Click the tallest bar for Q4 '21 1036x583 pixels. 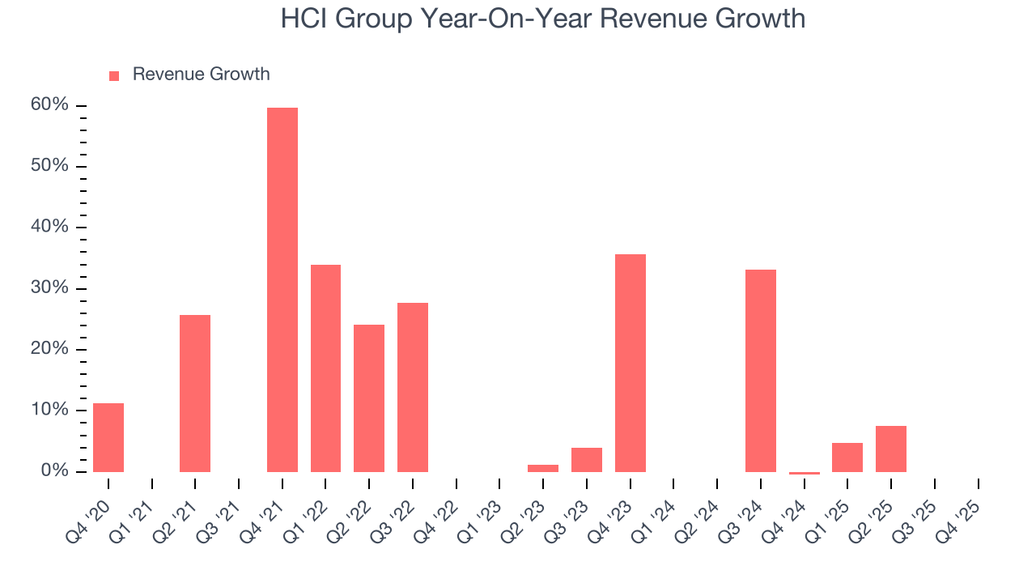282,289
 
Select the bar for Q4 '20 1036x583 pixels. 108,437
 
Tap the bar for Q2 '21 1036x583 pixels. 195,393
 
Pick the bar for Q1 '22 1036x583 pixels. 325,368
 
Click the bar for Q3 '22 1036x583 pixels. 413,387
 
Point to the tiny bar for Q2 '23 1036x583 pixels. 543,468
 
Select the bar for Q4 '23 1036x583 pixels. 631,363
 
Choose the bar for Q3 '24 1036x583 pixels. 761,370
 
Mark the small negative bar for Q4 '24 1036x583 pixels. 805,473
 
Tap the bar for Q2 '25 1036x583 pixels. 891,449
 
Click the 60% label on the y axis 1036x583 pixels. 49,105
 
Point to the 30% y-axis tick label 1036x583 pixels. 49,288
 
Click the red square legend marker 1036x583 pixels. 114,76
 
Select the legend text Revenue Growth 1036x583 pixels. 201,74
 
